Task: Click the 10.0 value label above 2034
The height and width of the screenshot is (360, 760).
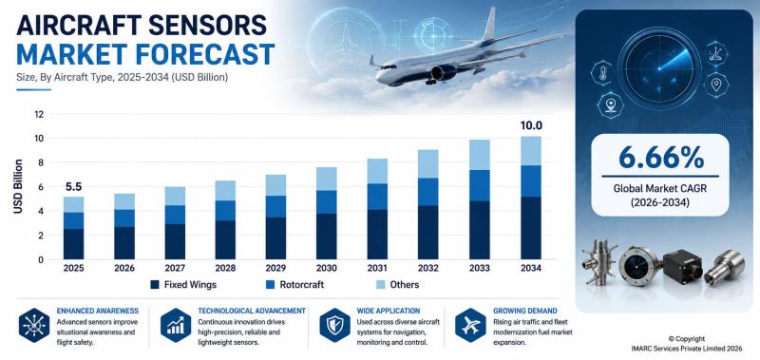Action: click(x=531, y=126)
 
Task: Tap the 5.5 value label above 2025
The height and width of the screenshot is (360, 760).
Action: click(x=73, y=186)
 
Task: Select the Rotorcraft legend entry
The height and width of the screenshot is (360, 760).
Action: click(x=294, y=284)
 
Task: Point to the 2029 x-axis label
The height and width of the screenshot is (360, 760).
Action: click(x=275, y=268)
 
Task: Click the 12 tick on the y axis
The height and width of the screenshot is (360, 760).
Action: click(x=39, y=114)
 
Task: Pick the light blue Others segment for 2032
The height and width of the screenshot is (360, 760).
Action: click(x=428, y=163)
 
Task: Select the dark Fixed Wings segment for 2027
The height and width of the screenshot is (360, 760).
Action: click(x=175, y=241)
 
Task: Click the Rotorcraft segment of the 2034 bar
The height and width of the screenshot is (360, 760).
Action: click(x=531, y=181)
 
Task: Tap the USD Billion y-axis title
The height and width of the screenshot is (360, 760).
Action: click(x=18, y=186)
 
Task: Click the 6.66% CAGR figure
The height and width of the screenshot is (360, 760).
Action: click(x=660, y=158)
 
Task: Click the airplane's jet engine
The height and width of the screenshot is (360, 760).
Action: click(x=443, y=72)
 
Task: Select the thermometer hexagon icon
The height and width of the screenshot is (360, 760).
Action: click(x=603, y=73)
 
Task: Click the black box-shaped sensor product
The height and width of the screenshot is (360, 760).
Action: click(x=682, y=266)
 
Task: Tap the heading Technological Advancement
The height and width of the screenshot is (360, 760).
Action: click(x=252, y=311)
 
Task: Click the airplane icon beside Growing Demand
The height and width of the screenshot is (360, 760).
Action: click(x=470, y=325)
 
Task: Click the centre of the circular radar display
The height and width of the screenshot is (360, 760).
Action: click(x=659, y=68)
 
